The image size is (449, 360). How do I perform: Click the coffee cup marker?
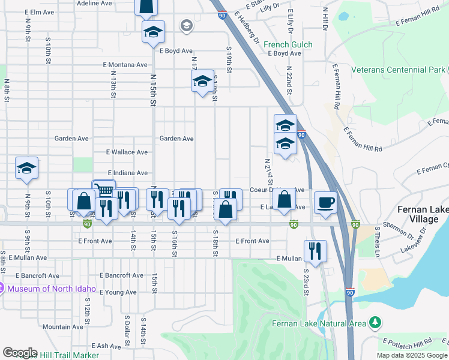pos(325,202)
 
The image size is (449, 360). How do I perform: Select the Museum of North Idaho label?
pos(48,289)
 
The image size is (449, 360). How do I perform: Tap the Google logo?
pos(20,353)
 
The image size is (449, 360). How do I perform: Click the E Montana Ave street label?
pos(125,65)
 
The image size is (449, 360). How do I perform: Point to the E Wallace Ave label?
pos(126,152)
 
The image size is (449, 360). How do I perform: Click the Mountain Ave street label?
pos(62,327)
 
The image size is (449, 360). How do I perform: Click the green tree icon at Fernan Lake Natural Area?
pos(376,323)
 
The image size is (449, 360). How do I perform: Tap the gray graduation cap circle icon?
pos(186,25)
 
